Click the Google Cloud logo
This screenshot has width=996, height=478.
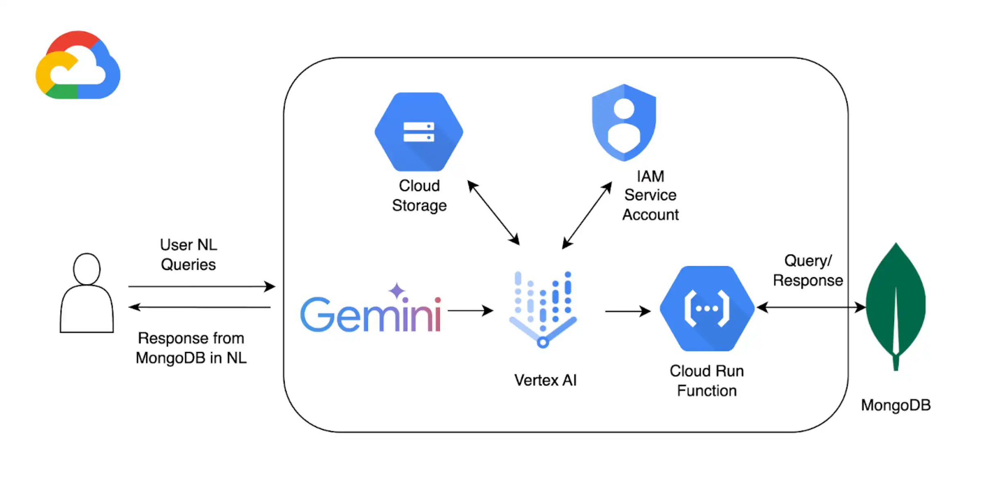[78, 66]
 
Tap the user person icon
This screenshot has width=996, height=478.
[87, 293]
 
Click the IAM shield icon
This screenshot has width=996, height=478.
[624, 123]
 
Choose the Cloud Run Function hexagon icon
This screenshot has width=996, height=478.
[707, 308]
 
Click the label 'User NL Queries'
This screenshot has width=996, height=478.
[188, 255]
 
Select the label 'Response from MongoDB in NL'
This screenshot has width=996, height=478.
[191, 348]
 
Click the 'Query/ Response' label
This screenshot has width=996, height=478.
[808, 271]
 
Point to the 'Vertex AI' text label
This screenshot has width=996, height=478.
[546, 380]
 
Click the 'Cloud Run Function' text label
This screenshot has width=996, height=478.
[707, 381]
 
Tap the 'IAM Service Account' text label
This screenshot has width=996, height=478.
[650, 196]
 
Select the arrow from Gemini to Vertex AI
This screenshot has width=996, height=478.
[470, 311]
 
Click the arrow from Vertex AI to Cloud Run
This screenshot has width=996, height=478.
[627, 312]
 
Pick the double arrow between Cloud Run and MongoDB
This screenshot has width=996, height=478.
[811, 307]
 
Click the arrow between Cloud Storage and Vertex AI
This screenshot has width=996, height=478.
[493, 213]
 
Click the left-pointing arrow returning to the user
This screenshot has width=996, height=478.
[200, 307]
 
